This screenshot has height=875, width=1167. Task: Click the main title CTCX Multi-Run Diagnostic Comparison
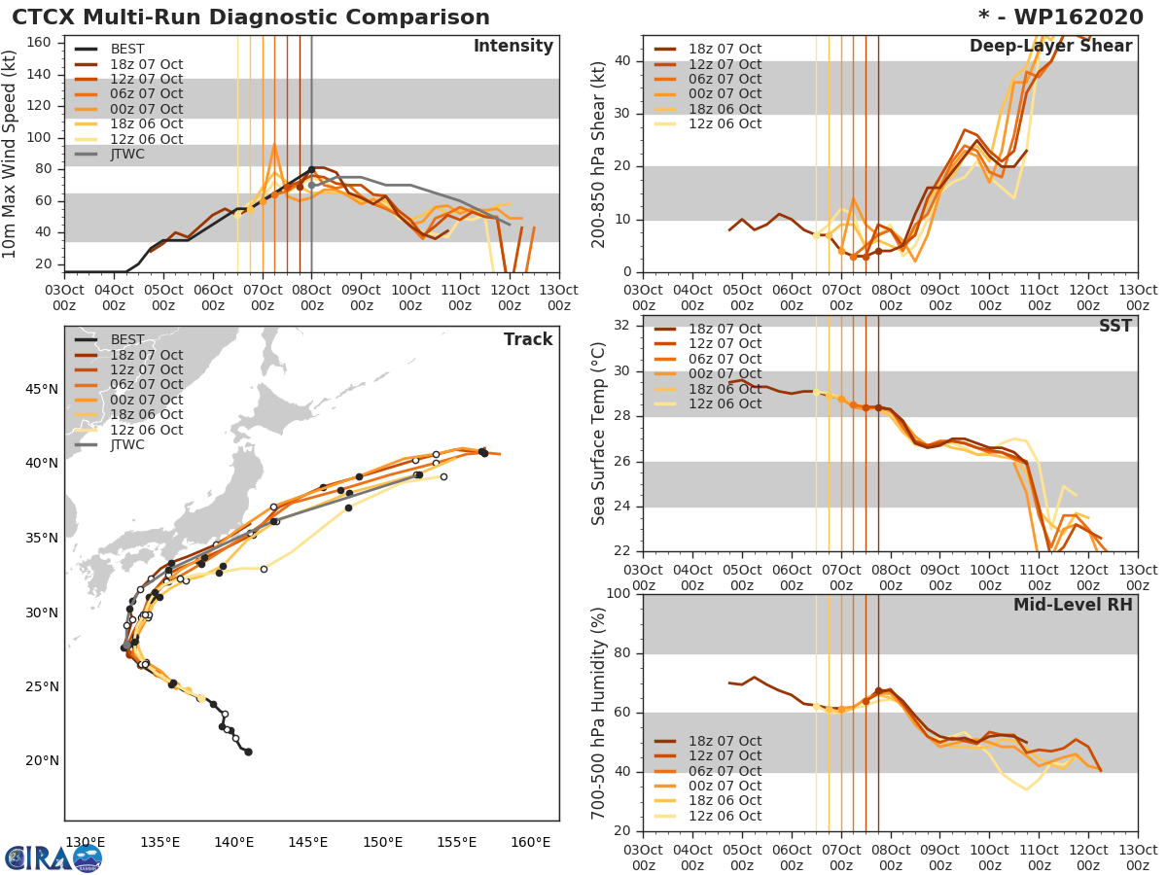click(x=251, y=17)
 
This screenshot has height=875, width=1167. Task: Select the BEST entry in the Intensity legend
click(x=126, y=49)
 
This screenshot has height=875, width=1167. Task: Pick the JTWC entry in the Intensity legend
click(x=127, y=154)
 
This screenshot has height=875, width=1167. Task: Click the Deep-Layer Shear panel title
click(x=1050, y=47)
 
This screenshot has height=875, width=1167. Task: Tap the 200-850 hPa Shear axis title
click(x=600, y=154)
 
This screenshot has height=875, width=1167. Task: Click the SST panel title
click(x=1115, y=327)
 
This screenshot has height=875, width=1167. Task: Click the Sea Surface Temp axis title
click(x=600, y=435)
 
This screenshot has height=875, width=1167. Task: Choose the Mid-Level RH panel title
click(x=1073, y=606)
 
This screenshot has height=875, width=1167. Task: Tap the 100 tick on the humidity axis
click(x=619, y=594)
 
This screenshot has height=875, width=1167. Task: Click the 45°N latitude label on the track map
click(x=41, y=390)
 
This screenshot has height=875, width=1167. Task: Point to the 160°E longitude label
click(x=530, y=842)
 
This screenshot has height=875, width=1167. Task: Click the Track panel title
click(x=528, y=339)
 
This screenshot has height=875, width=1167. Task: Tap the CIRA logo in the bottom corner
click(x=53, y=857)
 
